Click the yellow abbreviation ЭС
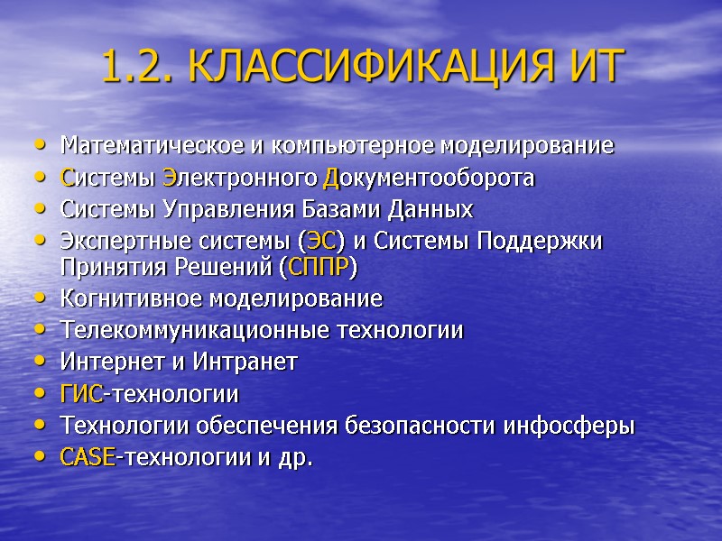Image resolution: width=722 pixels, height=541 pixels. (320, 243)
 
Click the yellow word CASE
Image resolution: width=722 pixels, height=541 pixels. (87, 458)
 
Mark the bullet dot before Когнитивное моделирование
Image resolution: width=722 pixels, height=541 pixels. (37, 299)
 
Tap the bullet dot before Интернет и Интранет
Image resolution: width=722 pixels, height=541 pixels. (37, 363)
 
